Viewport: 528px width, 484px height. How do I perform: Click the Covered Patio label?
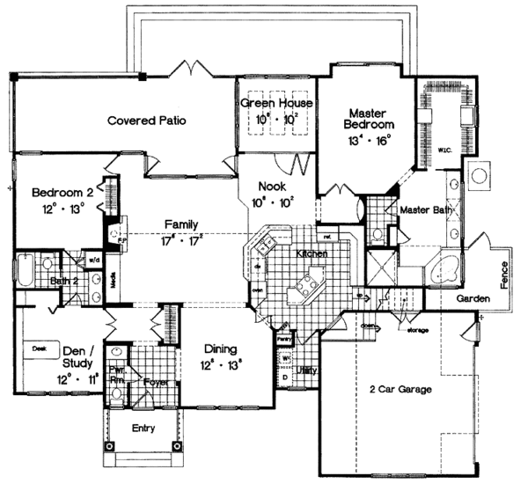coord(146,121)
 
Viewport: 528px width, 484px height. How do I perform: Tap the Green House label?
coord(273,104)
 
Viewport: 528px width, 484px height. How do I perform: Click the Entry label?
coord(142,429)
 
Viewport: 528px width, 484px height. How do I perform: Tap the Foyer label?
coord(156,383)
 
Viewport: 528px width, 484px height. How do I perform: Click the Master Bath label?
coord(425,211)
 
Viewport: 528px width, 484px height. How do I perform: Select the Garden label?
coord(473,299)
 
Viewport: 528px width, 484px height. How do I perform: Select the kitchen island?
coord(310,283)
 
